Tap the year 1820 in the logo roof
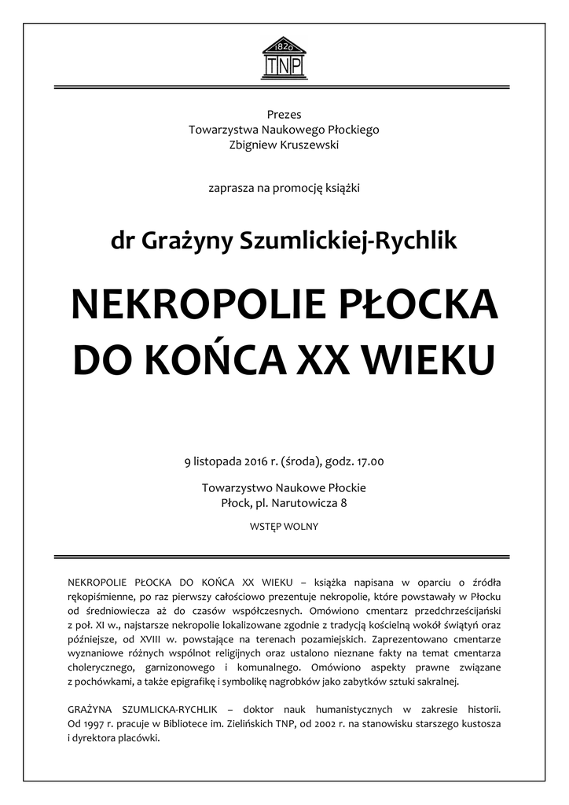284,46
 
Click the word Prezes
284,115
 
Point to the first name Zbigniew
253,144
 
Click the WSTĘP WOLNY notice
284,526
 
